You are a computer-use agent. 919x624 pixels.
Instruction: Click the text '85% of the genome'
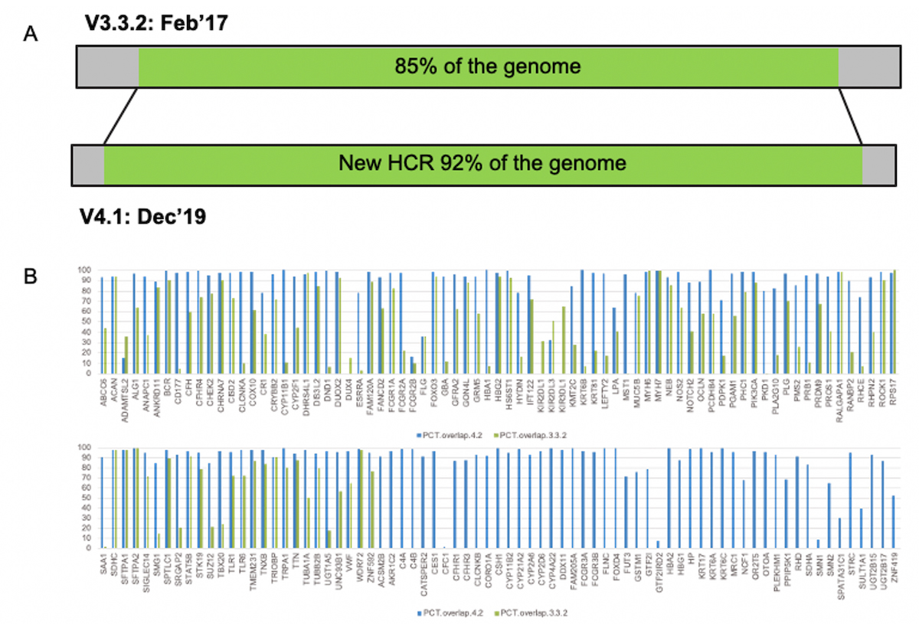[x=488, y=67]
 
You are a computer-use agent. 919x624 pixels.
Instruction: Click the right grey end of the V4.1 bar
[x=880, y=163]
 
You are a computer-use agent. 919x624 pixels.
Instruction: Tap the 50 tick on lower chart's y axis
[x=85, y=498]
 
